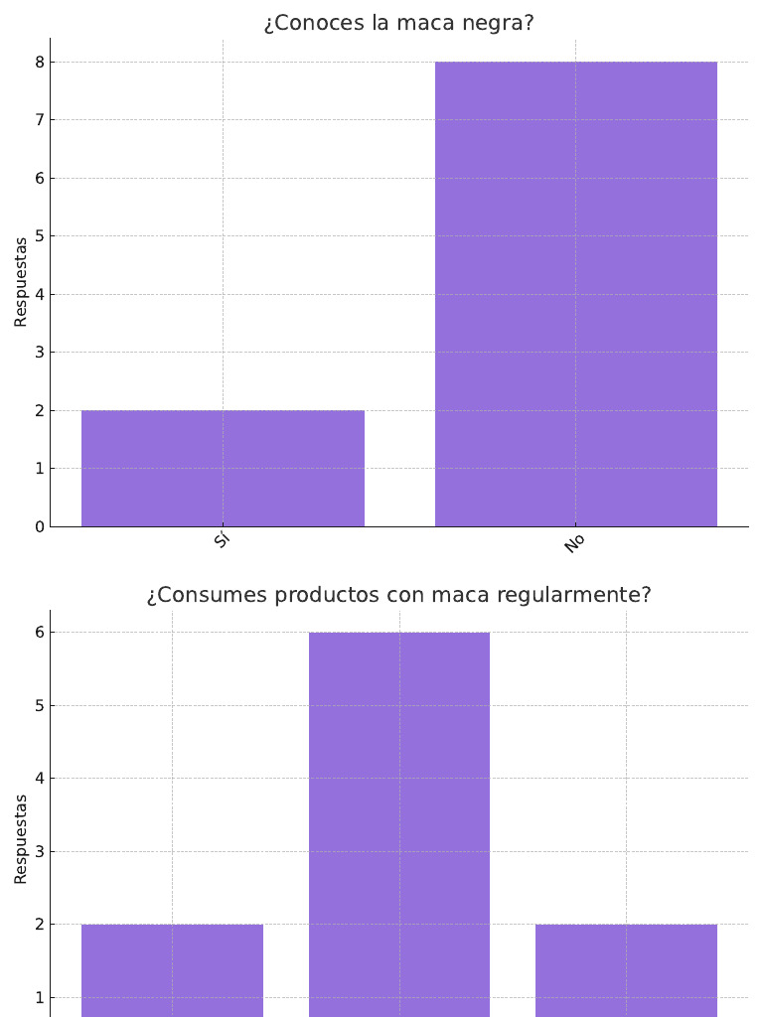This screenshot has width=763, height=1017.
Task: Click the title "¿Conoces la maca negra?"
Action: click(x=398, y=23)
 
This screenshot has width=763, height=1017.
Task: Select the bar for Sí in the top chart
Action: click(x=223, y=468)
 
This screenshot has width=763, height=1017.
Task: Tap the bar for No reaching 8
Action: click(x=576, y=294)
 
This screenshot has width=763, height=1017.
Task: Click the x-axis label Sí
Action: click(x=222, y=541)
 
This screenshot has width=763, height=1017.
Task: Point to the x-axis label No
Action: click(x=574, y=543)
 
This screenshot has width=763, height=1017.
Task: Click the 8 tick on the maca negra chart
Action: click(x=40, y=63)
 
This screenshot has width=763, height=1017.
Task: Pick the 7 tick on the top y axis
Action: click(x=40, y=120)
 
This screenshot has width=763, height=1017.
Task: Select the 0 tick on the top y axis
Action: click(x=40, y=526)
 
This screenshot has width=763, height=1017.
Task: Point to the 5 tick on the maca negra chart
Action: click(x=40, y=236)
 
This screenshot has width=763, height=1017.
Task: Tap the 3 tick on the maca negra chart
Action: click(x=40, y=353)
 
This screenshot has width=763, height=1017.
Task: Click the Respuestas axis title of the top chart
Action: click(x=21, y=281)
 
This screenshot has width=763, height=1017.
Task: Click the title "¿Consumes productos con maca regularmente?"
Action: click(x=398, y=595)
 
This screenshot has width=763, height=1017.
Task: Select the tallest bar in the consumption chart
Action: click(x=399, y=824)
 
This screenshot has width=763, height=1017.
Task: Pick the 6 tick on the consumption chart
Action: click(x=40, y=633)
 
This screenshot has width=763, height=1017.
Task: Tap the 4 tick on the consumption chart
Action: click(x=40, y=779)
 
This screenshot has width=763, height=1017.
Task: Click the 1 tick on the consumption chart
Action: click(x=40, y=998)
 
